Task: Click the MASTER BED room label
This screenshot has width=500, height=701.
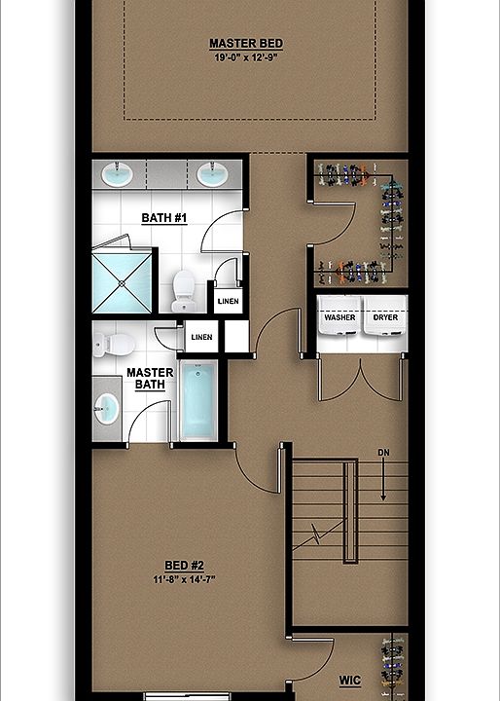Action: tap(247, 44)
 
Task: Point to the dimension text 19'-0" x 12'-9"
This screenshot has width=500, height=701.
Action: tap(247, 57)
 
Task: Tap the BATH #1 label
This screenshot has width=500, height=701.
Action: tap(163, 217)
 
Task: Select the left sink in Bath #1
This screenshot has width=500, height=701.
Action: tap(118, 175)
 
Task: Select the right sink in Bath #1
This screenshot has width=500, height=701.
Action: tap(212, 175)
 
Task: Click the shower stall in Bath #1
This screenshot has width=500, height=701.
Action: tap(123, 280)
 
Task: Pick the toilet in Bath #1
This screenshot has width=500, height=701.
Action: tap(183, 289)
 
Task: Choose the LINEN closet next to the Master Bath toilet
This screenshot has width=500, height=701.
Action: tap(201, 337)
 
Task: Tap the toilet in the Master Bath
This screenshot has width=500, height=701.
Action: tap(115, 343)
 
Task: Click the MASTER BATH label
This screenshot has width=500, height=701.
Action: tap(150, 379)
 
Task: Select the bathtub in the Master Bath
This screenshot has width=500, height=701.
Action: tap(198, 400)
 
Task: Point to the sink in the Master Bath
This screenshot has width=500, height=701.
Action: tap(107, 408)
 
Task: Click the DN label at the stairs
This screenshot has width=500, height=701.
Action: tap(384, 452)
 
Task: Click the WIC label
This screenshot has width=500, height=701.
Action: tap(350, 680)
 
